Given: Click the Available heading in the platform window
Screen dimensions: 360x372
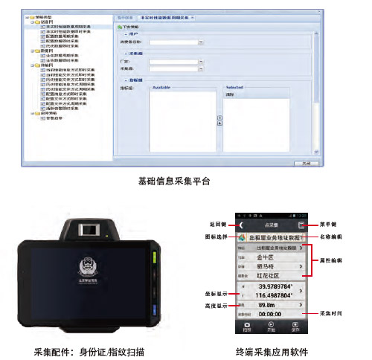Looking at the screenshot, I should click(x=162, y=86).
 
